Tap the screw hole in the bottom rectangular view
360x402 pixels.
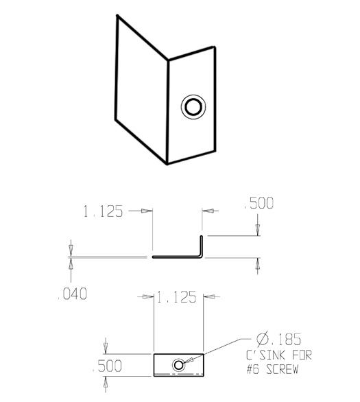click(179, 364)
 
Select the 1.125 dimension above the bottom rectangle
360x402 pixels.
click(177, 297)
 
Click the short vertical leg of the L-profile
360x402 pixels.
click(201, 246)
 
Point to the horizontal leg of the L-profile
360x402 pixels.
click(175, 258)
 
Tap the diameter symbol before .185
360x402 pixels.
click(262, 340)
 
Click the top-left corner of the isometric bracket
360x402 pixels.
click(117, 17)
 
